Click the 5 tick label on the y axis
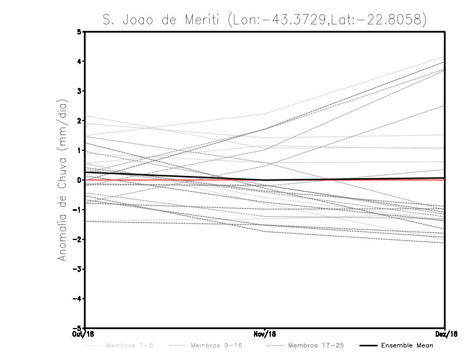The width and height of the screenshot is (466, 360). coord(80,31)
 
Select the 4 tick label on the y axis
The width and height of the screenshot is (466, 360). coord(80,61)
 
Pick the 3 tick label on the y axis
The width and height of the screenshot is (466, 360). coord(80,91)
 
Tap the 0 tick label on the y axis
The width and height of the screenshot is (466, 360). coord(80,180)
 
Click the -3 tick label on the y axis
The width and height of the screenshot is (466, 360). coord(79,269)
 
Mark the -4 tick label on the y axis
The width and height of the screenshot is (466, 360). coord(79,299)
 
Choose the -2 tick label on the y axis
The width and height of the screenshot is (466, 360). coord(79,239)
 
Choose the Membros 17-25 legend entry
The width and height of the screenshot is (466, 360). coord(316,346)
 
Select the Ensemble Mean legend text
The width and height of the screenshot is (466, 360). coord(407,346)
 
